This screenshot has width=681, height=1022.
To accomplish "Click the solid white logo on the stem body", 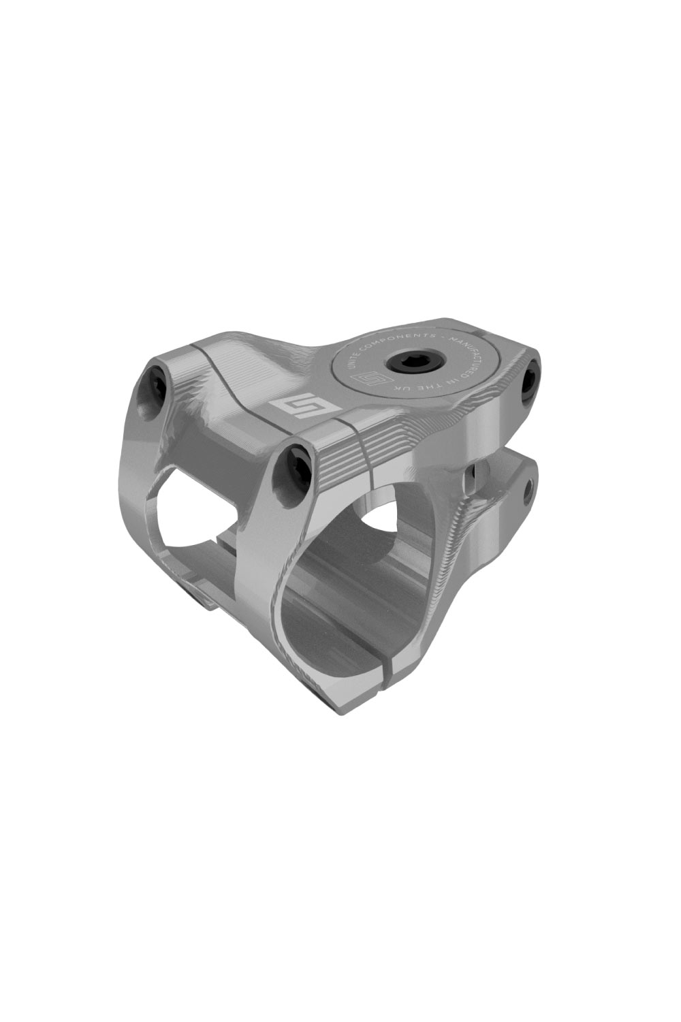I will (289, 409).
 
